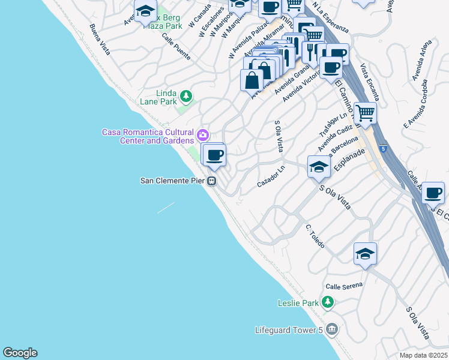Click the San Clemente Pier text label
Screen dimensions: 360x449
(x=173, y=180)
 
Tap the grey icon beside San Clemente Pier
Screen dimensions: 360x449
(x=212, y=180)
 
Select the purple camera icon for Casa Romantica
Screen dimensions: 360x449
(x=202, y=133)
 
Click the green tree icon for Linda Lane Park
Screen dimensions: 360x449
(x=186, y=95)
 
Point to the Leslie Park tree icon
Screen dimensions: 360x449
(x=327, y=302)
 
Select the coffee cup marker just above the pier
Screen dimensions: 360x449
(x=214, y=156)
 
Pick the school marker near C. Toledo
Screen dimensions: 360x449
(x=364, y=254)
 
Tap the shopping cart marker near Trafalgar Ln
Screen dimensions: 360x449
(x=364, y=112)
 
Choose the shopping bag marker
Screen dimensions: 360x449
(x=252, y=80)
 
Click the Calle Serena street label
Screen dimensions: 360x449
(x=344, y=285)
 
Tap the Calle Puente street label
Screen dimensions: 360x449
(x=176, y=46)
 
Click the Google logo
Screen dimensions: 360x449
(x=20, y=353)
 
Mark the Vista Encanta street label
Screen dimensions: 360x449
(x=369, y=82)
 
